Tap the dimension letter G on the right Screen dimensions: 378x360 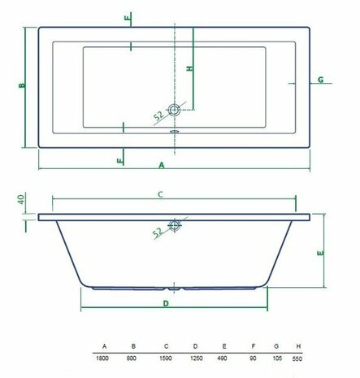point(322,80)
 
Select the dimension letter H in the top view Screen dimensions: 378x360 point(189,70)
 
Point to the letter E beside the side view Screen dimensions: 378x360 point(321,254)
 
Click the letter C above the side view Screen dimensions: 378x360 point(161,193)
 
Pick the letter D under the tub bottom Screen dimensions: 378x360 point(166,303)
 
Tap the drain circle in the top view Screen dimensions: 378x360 point(174,109)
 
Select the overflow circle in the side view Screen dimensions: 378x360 point(174,225)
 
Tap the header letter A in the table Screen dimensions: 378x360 point(104,345)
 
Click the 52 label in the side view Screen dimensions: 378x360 point(159,232)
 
